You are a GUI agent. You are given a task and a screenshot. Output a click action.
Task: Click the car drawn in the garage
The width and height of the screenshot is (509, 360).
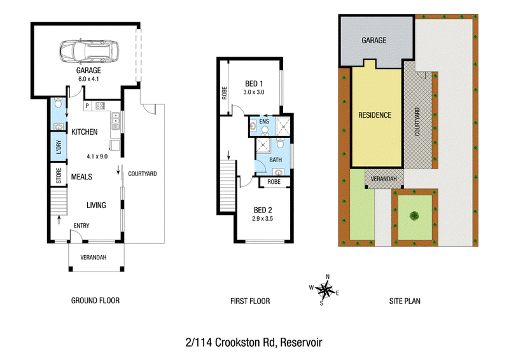coord(89,52)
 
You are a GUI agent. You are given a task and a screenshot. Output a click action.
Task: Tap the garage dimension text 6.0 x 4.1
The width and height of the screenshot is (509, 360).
coord(88,79)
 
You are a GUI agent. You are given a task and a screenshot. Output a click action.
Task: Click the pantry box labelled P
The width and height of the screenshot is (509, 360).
coord(87,106)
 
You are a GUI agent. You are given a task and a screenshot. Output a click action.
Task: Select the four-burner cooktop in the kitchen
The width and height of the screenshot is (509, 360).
coord(101,106)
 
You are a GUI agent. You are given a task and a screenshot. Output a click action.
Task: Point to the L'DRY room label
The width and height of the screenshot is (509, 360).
coord(59,147)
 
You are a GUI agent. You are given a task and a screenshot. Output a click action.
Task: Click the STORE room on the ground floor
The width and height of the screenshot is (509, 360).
coord(59,176)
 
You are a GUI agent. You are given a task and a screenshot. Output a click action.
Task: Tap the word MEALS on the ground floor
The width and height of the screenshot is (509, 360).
coord(81,177)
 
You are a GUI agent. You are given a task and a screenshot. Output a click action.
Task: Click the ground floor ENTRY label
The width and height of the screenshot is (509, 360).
coord(81,226)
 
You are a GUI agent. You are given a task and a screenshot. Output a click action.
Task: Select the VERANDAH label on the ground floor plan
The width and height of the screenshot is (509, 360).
coord(94,258)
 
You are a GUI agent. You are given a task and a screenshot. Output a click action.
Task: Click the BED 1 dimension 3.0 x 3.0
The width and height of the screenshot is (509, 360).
coord(254,92)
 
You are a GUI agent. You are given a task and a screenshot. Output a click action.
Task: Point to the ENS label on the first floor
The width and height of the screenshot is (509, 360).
coord(264,121)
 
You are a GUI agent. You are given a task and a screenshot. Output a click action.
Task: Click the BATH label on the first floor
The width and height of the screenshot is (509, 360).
coord(275,160)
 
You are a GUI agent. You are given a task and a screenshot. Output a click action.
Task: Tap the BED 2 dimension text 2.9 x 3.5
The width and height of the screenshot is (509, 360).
coord(262,219)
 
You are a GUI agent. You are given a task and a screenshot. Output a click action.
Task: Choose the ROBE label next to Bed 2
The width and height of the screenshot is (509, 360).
coord(274,182)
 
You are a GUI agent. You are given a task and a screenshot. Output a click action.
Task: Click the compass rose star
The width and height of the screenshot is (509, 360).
coord(324,289)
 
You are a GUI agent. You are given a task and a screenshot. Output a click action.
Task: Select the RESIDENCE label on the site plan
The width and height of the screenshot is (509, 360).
coord(375,115)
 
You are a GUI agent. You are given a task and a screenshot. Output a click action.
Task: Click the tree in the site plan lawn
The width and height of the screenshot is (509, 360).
coord(414,215)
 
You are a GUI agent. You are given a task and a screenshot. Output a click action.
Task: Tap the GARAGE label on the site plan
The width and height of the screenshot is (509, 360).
coord(374,40)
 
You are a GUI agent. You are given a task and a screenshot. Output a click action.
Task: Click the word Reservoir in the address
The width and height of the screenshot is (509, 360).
coord(301,342)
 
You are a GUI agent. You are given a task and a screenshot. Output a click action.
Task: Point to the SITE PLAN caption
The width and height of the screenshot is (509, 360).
coord(405,301)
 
